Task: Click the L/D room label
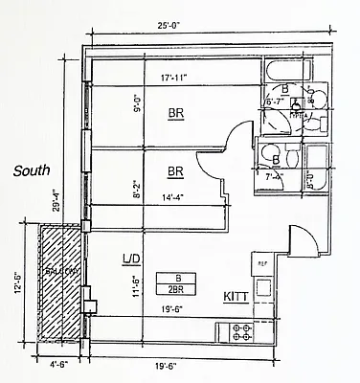pyautogui.click(x=132, y=259)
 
